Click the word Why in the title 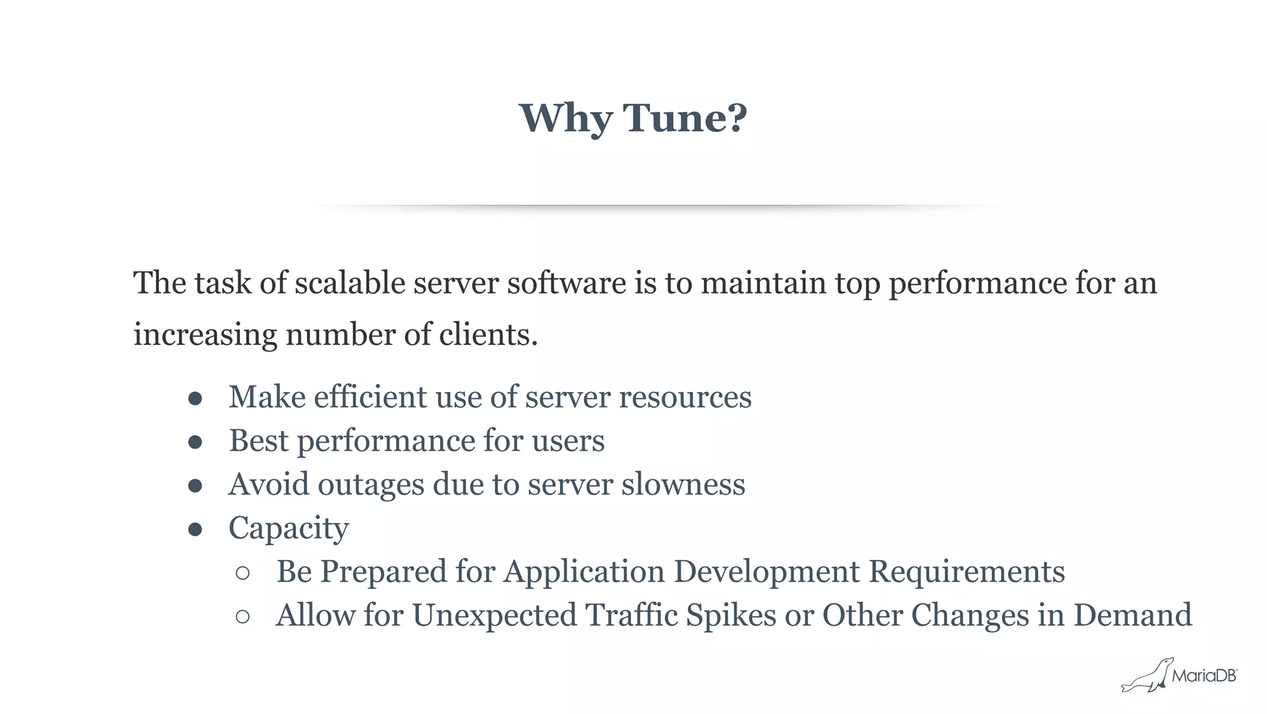click(565, 118)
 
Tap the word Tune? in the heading click(685, 118)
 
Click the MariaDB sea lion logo click(1148, 676)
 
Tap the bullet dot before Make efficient click(195, 398)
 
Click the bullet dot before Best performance click(195, 442)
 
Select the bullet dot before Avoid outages click(195, 486)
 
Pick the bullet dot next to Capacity click(195, 529)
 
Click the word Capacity click(288, 529)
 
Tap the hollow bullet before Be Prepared click(243, 573)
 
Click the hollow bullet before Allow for click(243, 617)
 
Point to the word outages click(371, 485)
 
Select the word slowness click(683, 484)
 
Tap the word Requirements click(967, 572)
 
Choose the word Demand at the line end click(1132, 616)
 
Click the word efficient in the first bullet click(371, 397)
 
